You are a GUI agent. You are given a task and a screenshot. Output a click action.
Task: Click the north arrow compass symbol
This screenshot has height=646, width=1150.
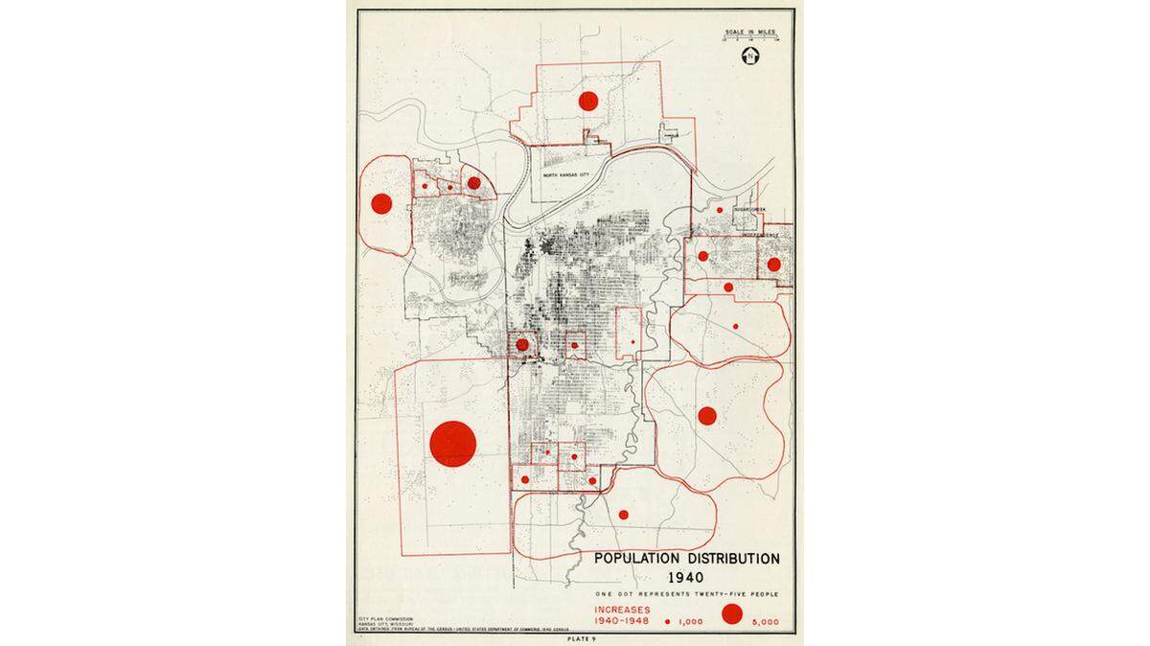click(749, 54)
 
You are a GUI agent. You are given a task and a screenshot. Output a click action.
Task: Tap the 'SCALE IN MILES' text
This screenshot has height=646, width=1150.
click(749, 34)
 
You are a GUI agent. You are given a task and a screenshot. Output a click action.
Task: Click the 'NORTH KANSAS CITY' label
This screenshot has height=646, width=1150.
click(563, 175)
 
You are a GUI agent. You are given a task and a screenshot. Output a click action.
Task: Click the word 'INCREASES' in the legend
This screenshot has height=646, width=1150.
click(622, 610)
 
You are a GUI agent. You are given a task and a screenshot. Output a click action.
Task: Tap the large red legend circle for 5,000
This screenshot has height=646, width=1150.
click(733, 614)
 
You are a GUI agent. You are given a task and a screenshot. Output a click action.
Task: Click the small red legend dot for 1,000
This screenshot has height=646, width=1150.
click(667, 621)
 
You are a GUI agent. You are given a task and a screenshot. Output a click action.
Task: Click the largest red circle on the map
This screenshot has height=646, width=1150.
click(453, 444)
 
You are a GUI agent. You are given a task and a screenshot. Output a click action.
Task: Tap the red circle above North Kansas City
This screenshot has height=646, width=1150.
click(588, 100)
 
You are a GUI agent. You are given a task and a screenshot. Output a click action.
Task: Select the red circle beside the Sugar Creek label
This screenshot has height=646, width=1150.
click(719, 209)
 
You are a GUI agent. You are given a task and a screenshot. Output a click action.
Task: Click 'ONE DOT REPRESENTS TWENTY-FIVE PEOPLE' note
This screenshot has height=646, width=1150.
click(685, 595)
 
